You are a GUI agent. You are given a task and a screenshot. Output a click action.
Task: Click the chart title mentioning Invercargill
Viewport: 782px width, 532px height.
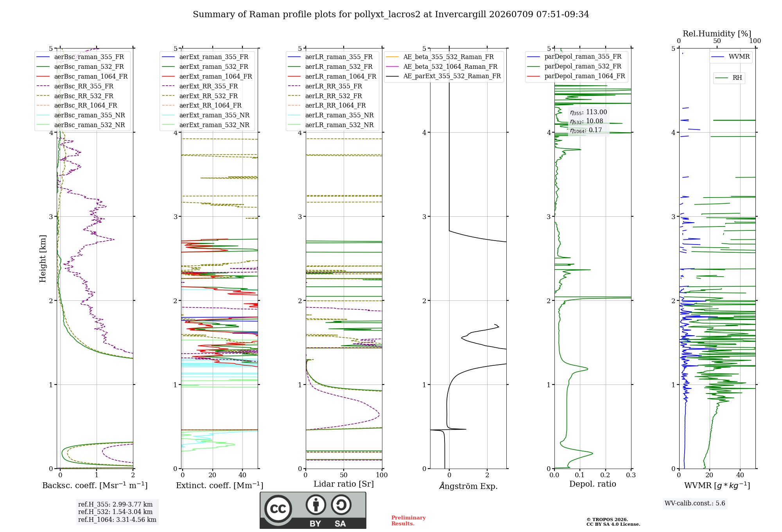(391, 14)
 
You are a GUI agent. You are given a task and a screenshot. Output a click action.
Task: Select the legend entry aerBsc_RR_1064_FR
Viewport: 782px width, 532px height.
(86, 106)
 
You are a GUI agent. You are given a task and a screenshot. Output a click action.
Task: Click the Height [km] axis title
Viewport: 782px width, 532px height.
(43, 259)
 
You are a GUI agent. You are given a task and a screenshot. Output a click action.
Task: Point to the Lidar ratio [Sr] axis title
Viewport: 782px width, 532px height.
(344, 484)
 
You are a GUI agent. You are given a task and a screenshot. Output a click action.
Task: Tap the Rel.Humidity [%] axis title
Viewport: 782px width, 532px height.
(717, 34)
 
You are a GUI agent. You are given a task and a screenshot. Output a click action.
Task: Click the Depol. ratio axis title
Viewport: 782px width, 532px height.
(593, 484)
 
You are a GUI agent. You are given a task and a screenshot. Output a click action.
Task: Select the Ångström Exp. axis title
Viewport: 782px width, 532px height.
(468, 486)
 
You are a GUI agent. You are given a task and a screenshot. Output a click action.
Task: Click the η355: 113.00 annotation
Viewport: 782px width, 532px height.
(588, 112)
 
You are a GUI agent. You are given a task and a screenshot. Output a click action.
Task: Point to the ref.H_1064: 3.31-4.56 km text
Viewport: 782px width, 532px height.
(117, 520)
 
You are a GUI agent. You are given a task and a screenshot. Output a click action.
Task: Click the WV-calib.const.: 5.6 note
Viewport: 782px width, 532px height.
(695, 503)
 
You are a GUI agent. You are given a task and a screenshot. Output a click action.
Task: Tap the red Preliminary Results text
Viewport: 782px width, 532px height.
(409, 521)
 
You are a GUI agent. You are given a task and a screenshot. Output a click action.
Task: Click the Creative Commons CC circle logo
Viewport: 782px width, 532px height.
(278, 509)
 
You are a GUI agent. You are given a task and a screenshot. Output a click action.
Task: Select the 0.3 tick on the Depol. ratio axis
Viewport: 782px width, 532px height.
(631, 475)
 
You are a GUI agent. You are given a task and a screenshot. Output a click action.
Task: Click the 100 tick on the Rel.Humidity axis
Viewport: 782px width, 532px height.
(755, 41)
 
